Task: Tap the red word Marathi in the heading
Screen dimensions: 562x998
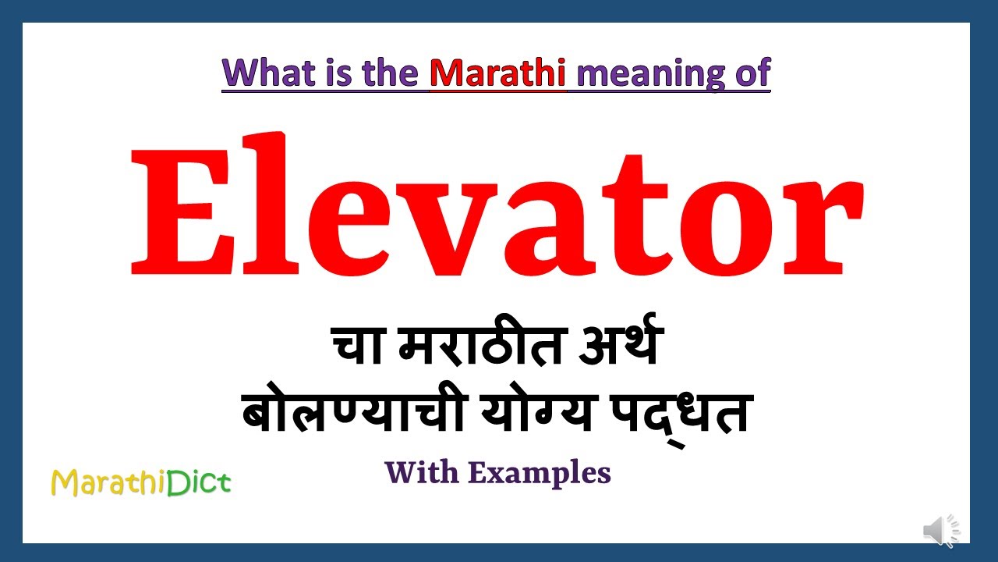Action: (497, 73)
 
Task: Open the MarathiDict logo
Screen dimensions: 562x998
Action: (140, 482)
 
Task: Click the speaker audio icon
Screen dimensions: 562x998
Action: (940, 531)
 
